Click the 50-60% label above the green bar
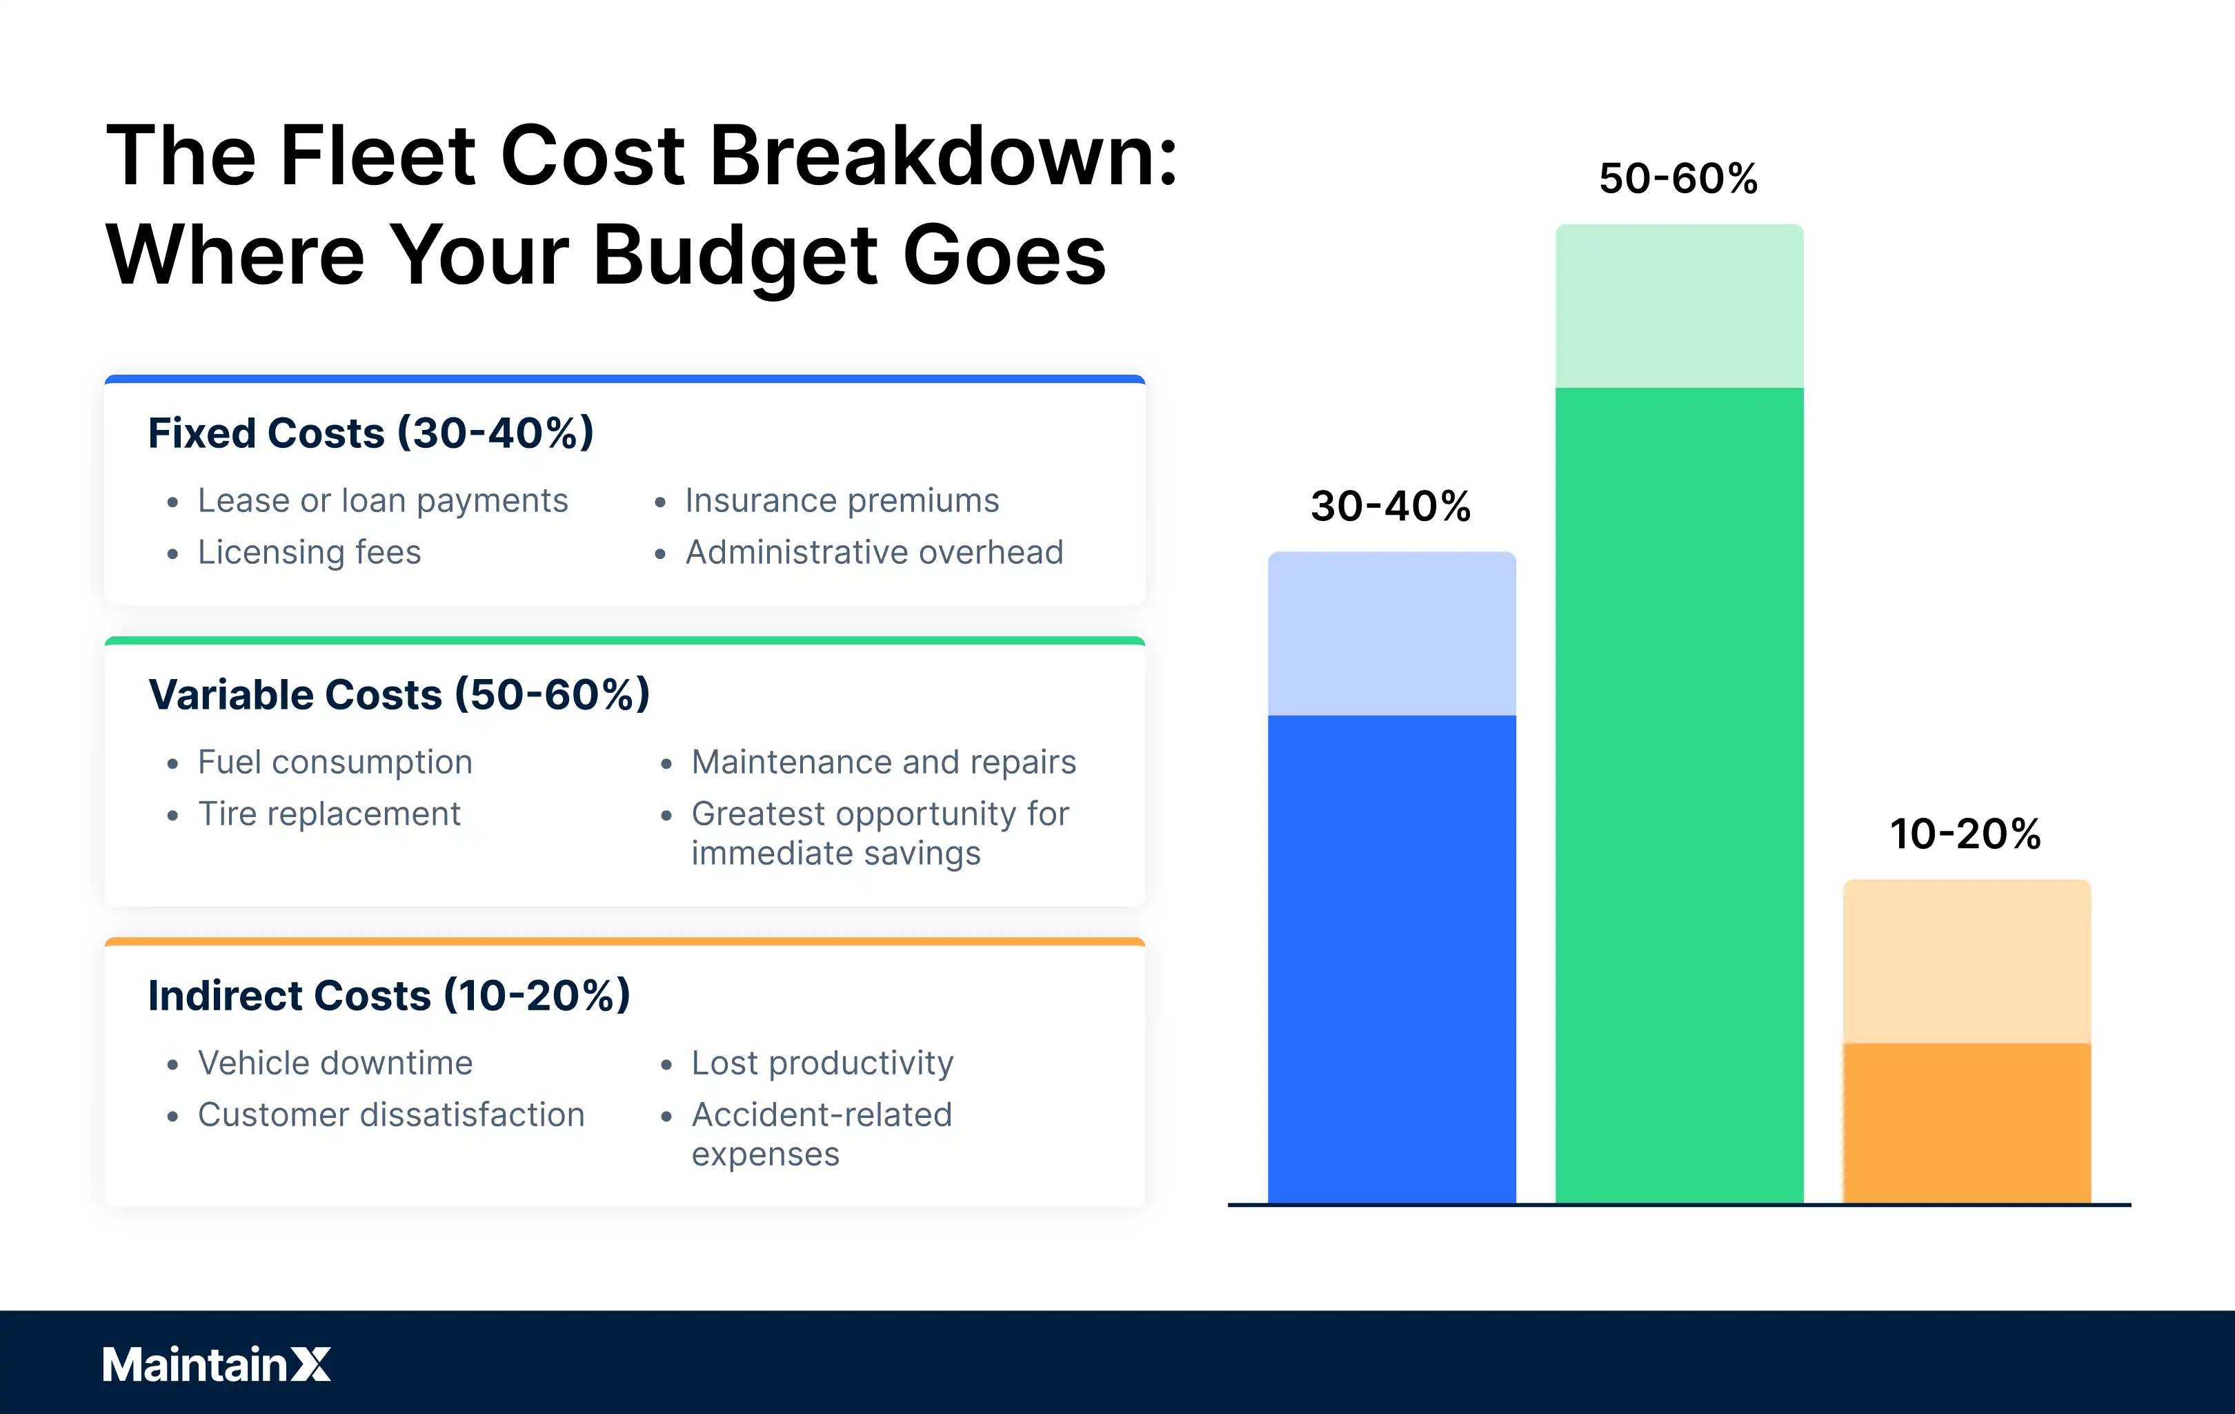tap(1678, 178)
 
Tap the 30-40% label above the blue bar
tap(1391, 506)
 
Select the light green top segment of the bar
tap(1679, 306)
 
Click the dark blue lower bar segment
tap(1391, 956)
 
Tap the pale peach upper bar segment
tap(1966, 961)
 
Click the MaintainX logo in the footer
tap(217, 1364)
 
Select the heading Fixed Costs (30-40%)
tap(370, 433)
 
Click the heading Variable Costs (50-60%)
tap(399, 694)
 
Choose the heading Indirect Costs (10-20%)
tap(389, 995)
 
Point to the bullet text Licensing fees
tap(309, 552)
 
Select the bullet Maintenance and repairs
tap(883, 763)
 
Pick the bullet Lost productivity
tap(822, 1063)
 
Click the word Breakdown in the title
tap(942, 155)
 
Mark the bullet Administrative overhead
tap(873, 552)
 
